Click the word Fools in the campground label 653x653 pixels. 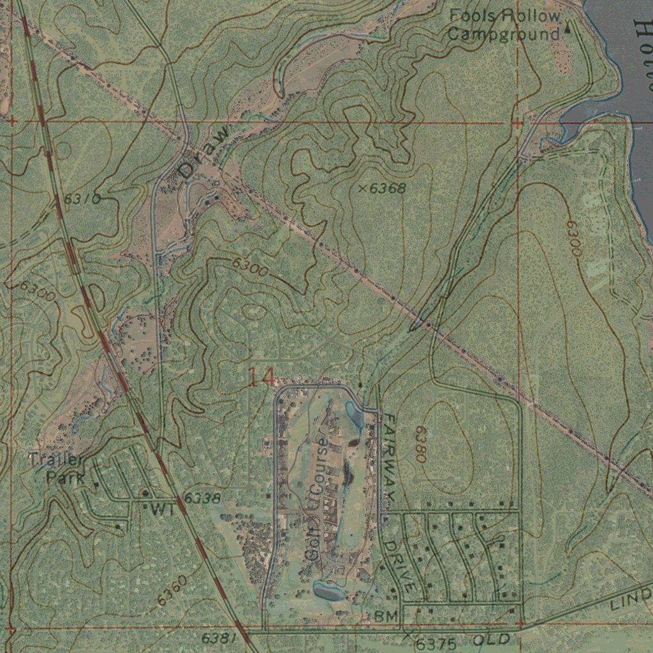471,16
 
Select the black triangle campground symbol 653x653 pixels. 568,27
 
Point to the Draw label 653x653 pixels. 203,152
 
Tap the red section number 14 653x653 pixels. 261,378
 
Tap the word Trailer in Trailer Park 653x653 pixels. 55,460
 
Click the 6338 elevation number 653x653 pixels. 203,497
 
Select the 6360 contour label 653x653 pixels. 172,591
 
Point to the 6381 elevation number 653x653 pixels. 219,638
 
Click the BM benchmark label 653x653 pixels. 386,616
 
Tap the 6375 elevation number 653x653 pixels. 437,643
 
